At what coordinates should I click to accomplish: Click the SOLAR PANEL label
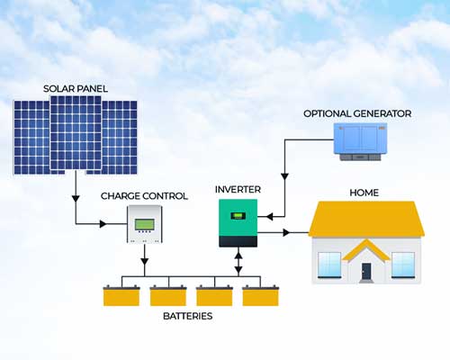[x=76, y=89]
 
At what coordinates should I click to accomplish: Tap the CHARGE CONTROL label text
[x=144, y=196]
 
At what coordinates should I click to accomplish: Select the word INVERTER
[x=238, y=190]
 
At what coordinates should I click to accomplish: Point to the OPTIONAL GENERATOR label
[x=357, y=113]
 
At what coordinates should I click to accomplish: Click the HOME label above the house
[x=364, y=193]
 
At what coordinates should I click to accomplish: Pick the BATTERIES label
[x=188, y=316]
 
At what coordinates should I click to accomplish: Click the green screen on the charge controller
[x=145, y=224]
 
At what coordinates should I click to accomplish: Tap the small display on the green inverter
[x=238, y=216]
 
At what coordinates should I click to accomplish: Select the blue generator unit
[x=360, y=141]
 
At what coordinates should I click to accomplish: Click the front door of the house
[x=366, y=271]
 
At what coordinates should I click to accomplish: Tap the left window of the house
[x=329, y=265]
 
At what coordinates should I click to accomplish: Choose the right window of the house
[x=403, y=265]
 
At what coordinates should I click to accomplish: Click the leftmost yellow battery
[x=121, y=296]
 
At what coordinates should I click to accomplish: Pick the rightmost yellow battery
[x=260, y=296]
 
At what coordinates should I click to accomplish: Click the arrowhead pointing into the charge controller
[x=103, y=224]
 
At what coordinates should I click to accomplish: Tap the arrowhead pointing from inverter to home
[x=286, y=232]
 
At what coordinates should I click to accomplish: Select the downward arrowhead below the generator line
[x=284, y=176]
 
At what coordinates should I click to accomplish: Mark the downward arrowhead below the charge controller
[x=145, y=261]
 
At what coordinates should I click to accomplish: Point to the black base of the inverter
[x=238, y=241]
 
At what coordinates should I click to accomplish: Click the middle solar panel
[x=76, y=132]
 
